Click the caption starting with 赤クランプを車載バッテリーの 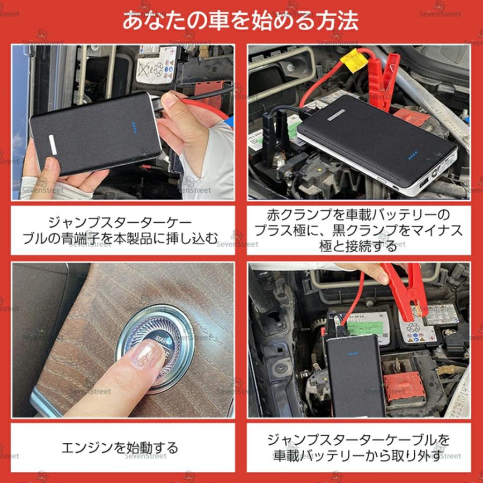pyautogui.click(x=358, y=230)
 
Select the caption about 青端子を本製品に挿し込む pyautogui.click(x=124, y=229)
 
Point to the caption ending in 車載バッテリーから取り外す pyautogui.click(x=358, y=448)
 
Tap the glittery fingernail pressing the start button pyautogui.click(x=147, y=355)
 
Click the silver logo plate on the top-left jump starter pyautogui.click(x=53, y=145)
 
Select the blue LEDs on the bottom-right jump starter pyautogui.click(x=353, y=354)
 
